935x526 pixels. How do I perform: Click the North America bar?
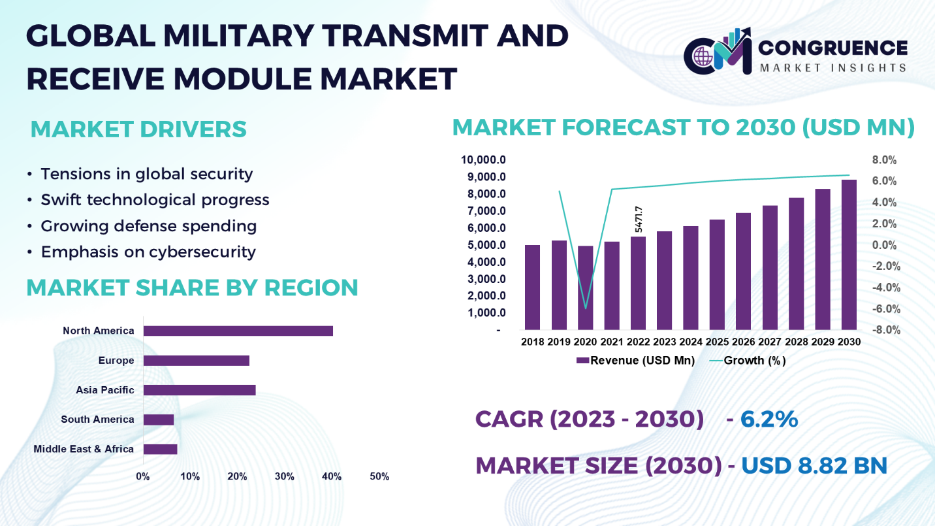click(x=238, y=331)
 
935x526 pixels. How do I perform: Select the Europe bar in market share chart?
click(x=196, y=361)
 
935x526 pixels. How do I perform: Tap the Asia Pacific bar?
click(x=199, y=390)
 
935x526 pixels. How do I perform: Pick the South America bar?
click(x=158, y=419)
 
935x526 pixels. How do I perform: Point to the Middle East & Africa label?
click(x=84, y=449)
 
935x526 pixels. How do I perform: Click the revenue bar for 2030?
click(x=848, y=255)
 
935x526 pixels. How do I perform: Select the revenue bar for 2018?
click(x=532, y=288)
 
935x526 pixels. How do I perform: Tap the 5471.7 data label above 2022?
click(x=639, y=220)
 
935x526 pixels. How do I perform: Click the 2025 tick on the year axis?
click(x=716, y=342)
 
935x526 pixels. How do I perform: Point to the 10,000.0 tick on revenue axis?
click(x=484, y=160)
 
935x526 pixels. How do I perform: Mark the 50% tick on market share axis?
click(x=379, y=477)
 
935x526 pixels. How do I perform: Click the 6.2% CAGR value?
click(x=769, y=419)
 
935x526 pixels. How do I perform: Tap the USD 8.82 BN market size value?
click(x=814, y=465)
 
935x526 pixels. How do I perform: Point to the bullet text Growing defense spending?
click(x=148, y=226)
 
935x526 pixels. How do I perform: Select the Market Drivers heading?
click(x=138, y=129)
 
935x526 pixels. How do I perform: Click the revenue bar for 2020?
click(x=585, y=288)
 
